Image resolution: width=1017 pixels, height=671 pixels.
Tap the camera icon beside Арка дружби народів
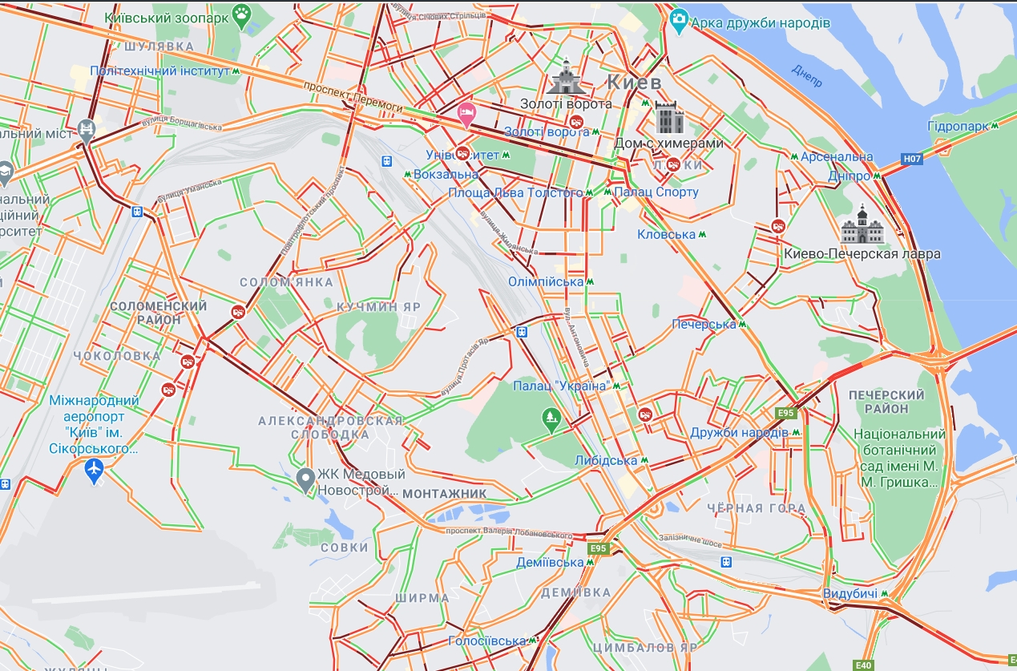pos(680,18)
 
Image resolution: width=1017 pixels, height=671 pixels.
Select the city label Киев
pos(633,82)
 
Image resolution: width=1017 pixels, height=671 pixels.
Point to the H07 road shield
pos(912,159)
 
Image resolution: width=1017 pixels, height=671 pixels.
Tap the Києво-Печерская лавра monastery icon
pos(862,225)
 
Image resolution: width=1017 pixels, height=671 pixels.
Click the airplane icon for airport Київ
pos(95,471)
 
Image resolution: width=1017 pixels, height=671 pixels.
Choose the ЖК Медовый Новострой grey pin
pos(305,479)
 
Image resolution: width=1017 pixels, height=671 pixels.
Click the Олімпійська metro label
pos(546,282)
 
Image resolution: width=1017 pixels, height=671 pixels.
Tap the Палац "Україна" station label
pos(560,386)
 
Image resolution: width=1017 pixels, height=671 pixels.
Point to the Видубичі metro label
pos(850,594)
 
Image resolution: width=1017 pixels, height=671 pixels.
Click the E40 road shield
pos(863,665)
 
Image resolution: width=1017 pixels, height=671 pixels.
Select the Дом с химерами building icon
pos(668,118)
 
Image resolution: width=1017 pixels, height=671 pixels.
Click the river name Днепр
pos(806,76)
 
